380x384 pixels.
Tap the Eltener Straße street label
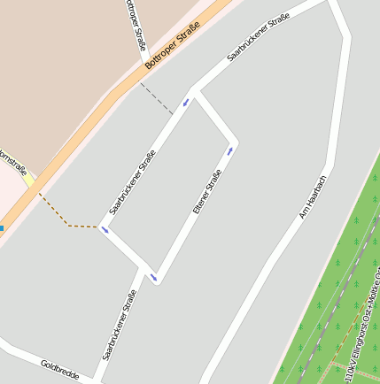[x=206, y=191]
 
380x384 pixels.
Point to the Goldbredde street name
[x=59, y=370]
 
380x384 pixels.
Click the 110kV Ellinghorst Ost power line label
[x=362, y=327]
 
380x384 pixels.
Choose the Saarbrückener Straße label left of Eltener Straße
[x=133, y=182]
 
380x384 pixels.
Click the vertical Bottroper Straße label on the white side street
[x=136, y=25]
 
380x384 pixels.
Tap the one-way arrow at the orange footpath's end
[x=105, y=231]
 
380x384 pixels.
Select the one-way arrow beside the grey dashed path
[x=186, y=103]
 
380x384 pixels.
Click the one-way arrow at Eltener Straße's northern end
[x=230, y=150]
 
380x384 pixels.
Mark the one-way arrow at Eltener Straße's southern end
[x=153, y=278]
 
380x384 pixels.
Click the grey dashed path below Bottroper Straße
[x=157, y=98]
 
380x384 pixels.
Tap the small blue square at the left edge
[x=1, y=228]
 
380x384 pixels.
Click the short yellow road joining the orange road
[x=29, y=180]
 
